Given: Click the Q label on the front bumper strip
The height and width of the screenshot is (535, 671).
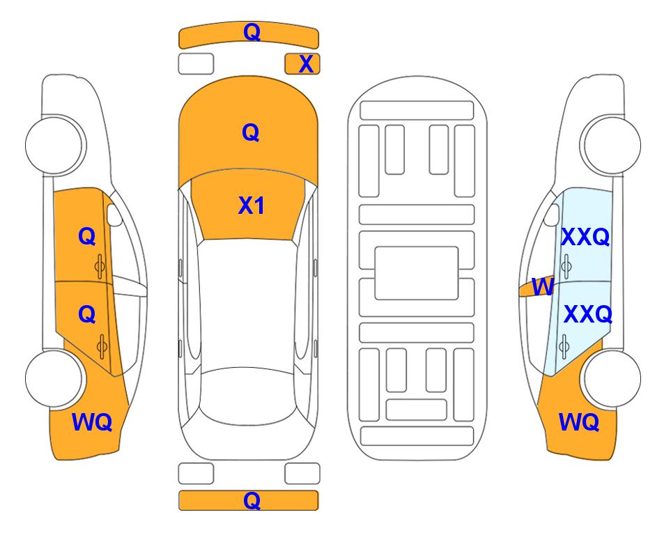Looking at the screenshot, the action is point(252,31).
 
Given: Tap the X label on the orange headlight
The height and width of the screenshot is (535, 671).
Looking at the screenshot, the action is point(306,64).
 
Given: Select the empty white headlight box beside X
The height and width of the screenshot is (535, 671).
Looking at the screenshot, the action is point(196,64).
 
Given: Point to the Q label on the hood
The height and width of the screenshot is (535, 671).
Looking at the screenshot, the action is point(251,132).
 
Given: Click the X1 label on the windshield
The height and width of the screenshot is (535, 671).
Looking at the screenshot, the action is point(252,206).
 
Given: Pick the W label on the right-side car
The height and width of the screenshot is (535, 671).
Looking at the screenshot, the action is point(543,287).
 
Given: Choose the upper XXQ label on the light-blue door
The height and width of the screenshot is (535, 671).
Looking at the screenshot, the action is point(585,237).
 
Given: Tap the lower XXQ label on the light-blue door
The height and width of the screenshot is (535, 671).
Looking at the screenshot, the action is point(587,314).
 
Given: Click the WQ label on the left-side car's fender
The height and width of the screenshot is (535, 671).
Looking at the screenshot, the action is point(92,422).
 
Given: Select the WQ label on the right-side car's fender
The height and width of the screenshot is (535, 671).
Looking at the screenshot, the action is point(579,422).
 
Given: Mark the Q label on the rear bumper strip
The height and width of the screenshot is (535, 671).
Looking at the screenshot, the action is point(252,500).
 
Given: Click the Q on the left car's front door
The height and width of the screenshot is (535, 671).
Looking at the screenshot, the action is point(87,236).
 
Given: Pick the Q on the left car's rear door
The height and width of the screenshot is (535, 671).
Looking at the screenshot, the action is point(87,315).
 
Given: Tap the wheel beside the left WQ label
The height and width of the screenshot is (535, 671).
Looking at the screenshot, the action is point(54,378).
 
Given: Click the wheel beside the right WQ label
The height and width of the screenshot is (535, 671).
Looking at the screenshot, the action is point(612,378).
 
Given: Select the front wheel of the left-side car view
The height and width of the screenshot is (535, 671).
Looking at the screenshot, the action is point(54,145).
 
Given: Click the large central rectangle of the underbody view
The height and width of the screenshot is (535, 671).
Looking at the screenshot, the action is point(417,273).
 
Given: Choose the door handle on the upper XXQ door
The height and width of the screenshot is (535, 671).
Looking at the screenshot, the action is point(566,266).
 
